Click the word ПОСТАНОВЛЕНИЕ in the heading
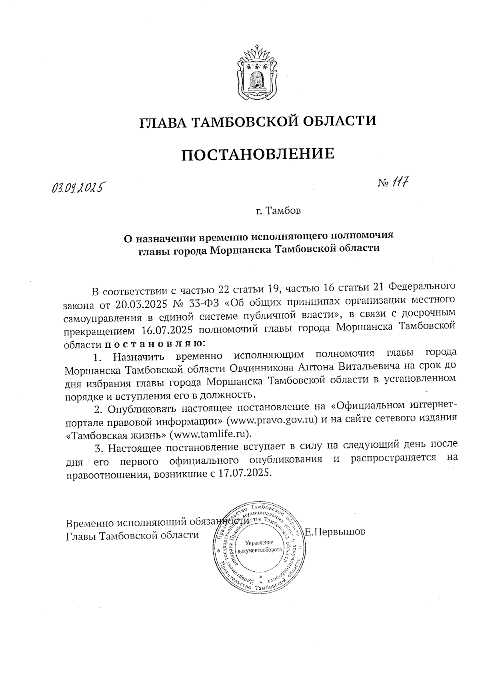258,154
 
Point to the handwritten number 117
400,183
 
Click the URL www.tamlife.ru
211,434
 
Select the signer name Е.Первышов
335,532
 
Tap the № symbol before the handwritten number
383,183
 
